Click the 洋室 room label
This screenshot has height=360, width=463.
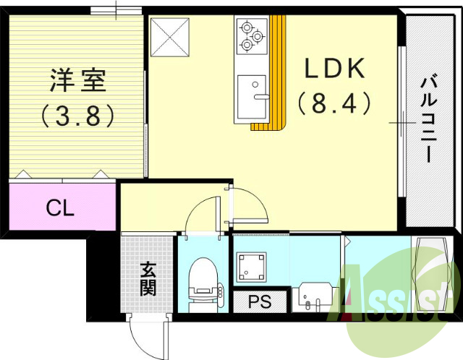click(x=78, y=80)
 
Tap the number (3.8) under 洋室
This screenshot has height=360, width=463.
click(x=78, y=114)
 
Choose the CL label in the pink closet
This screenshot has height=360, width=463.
click(x=60, y=208)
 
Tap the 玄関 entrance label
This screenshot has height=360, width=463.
click(x=148, y=280)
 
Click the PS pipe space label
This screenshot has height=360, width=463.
click(x=260, y=302)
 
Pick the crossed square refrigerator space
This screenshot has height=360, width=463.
click(x=170, y=37)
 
